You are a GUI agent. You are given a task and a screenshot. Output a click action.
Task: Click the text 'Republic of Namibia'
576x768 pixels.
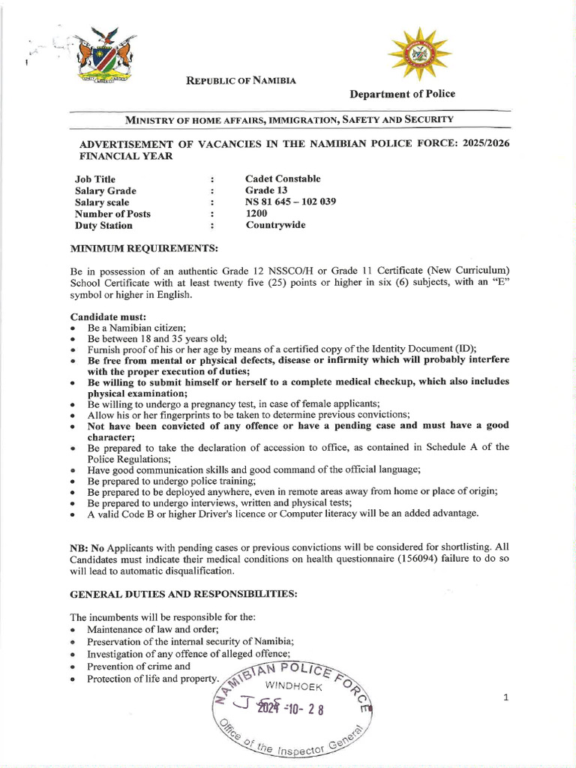241,80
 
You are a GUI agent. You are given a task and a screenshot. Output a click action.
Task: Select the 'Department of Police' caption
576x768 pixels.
402,94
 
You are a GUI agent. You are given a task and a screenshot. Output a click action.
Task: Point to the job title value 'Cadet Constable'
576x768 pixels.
283,178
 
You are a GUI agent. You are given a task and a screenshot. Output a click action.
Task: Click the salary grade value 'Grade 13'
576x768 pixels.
266,190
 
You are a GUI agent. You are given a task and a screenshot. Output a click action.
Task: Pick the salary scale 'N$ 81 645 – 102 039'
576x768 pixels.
292,202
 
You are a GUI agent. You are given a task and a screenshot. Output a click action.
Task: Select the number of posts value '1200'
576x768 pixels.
256,214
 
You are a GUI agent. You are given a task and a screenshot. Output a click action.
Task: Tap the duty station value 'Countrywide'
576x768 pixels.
275,225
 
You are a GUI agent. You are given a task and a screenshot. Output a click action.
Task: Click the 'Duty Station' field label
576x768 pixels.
103,225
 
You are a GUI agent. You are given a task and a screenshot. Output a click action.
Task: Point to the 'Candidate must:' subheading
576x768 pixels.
107,317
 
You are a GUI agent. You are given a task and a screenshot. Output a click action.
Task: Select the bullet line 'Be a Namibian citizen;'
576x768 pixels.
136,328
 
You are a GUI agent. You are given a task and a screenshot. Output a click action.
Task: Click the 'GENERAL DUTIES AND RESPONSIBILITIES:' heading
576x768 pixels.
184,594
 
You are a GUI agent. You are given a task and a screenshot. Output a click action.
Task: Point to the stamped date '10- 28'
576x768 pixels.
306,709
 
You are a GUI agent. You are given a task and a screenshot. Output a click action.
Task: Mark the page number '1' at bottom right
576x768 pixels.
506,697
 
